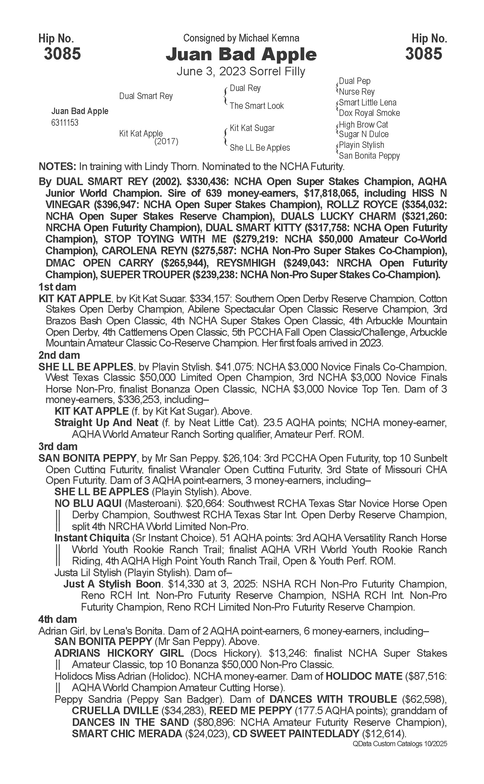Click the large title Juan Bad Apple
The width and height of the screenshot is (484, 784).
tap(241, 54)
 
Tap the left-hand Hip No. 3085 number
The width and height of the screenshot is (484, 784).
tap(62, 53)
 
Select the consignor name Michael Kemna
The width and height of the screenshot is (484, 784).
tap(269, 38)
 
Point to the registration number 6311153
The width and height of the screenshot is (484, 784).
tap(65, 123)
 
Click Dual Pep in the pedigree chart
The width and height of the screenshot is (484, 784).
tap(354, 81)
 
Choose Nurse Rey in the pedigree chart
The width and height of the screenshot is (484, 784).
tap(356, 92)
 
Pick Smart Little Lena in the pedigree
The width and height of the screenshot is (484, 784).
tap(368, 102)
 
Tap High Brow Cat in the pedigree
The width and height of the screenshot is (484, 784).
tap(363, 124)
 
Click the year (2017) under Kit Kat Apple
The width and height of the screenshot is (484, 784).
tap(166, 141)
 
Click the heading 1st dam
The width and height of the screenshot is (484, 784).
tap(57, 287)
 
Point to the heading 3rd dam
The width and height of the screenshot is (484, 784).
tap(58, 446)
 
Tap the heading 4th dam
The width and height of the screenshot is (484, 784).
tap(58, 619)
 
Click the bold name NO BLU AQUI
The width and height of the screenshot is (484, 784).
tap(88, 504)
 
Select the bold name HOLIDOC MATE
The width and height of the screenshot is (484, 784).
tap(364, 676)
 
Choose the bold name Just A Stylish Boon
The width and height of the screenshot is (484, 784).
tap(112, 584)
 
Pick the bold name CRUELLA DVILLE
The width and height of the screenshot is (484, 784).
tap(115, 710)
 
